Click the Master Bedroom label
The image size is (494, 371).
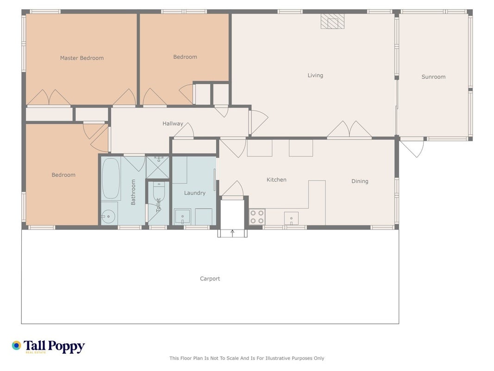pos(81,58)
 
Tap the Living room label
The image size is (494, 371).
pos(315,76)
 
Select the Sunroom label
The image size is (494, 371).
pos(433,77)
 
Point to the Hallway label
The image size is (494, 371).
pos(173,124)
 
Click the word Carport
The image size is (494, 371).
pos(210,279)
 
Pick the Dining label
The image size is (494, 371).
pos(360,181)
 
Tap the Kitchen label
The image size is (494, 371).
pos(276,180)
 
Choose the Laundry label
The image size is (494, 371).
pos(195,193)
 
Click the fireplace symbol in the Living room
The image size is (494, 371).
pos(332,21)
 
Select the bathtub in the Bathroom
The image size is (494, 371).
pos(111,179)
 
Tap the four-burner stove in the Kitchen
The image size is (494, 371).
pos(257,217)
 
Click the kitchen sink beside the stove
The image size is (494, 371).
pos(291,218)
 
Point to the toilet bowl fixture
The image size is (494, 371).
pos(159,193)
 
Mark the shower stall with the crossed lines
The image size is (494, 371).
pos(158,167)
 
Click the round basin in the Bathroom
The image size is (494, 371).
pos(109,217)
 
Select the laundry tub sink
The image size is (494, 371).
pos(183,217)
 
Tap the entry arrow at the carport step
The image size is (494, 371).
pos(232,233)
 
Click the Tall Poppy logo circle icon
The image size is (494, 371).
pos(16,345)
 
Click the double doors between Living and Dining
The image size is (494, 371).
pos(350,129)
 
